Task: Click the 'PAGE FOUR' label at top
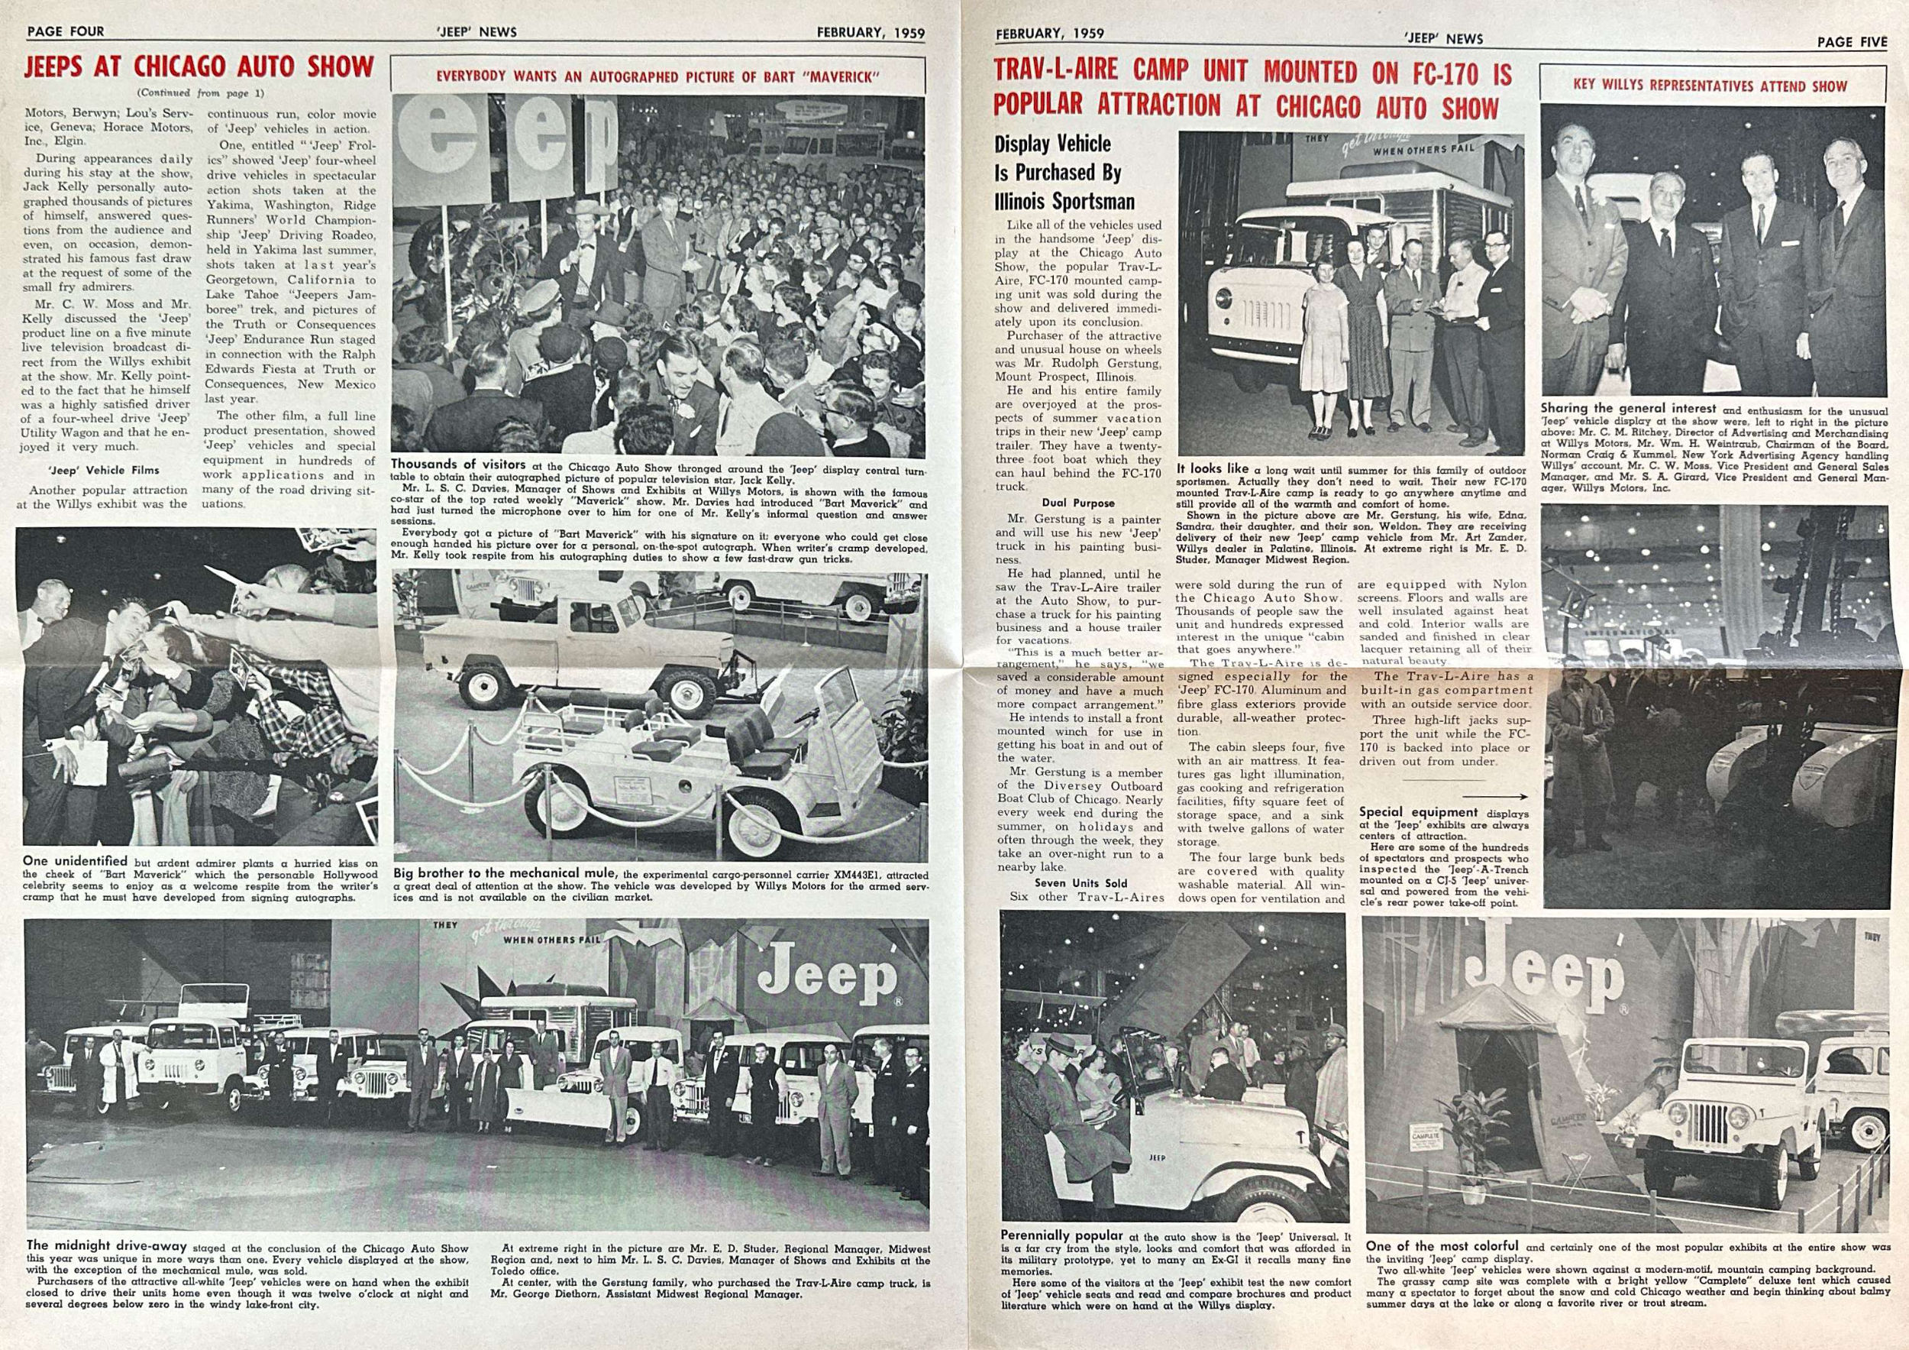[x=66, y=31]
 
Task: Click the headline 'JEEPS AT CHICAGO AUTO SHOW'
[x=199, y=67]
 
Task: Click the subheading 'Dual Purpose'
[x=1078, y=503]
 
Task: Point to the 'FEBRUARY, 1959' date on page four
[x=871, y=32]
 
